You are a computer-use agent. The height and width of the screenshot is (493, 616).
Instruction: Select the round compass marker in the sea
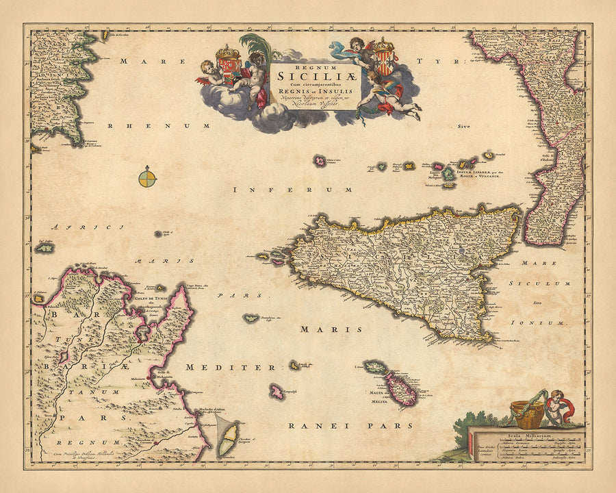pos(147,179)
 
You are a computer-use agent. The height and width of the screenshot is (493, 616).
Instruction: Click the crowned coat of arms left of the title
pos(228,65)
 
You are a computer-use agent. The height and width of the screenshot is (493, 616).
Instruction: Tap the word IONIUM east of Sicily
pos(551,322)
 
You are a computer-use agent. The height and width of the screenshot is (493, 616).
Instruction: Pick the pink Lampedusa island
pos(277,392)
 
